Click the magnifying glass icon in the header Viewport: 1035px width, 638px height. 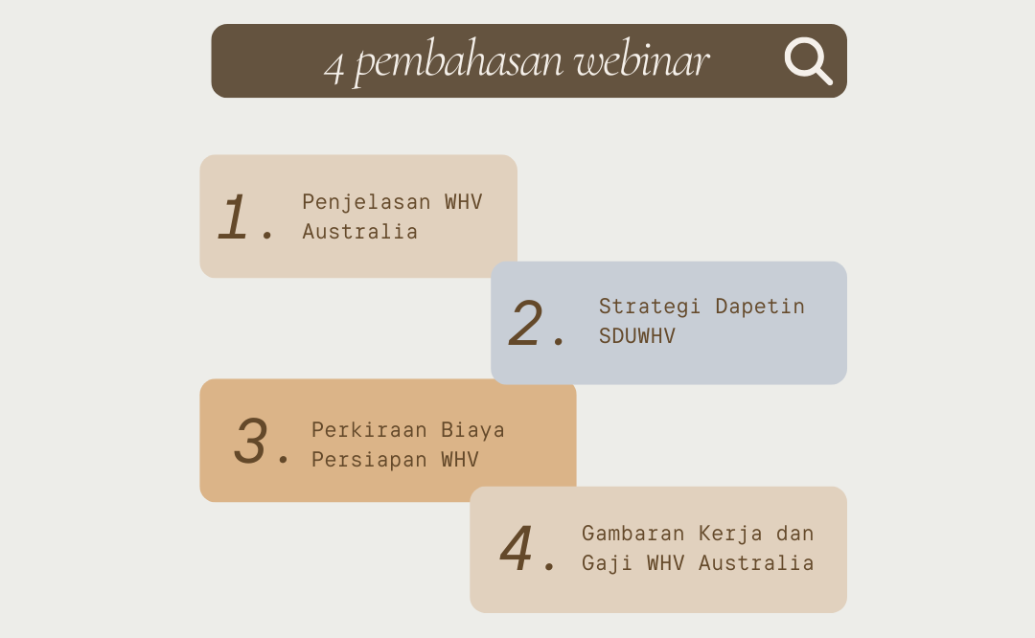pos(808,60)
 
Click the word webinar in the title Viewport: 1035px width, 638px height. pos(641,60)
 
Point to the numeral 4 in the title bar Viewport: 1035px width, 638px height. pos(334,67)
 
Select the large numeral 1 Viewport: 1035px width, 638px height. pos(232,216)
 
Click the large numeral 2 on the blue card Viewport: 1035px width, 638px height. pos(526,323)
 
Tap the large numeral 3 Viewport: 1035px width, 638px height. pos(251,440)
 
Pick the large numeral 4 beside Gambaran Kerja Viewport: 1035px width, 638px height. pos(517,547)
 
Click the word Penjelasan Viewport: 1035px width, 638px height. pos(366,202)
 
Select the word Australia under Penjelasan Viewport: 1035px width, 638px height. pos(359,232)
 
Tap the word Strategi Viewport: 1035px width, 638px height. pos(650,307)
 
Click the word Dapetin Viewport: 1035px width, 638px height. pos(760,307)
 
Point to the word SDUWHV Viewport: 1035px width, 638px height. pos(637,336)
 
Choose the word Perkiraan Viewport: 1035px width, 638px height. pos(369,430)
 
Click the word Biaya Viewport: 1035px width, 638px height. pos(472,431)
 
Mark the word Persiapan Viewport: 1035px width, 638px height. pos(369,460)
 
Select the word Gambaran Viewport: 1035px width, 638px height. pos(633,533)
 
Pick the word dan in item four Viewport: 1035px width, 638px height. pos(794,533)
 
